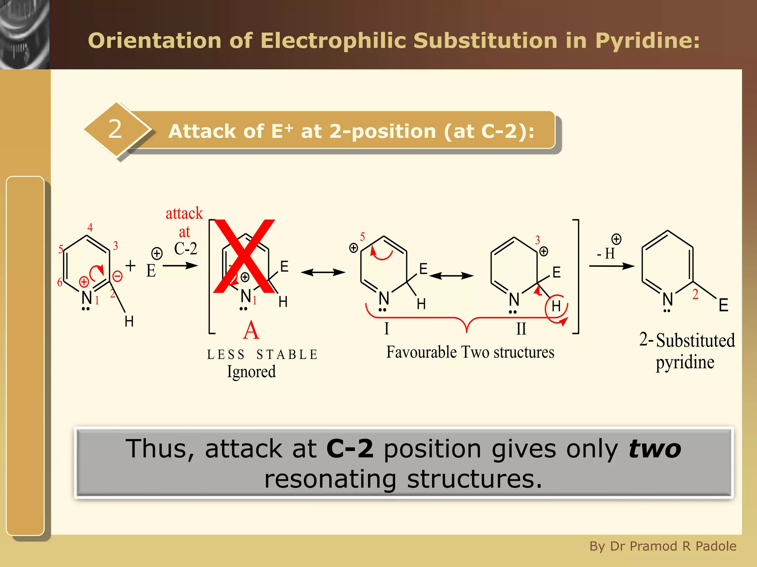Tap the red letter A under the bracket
click(251, 330)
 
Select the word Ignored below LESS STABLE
click(251, 371)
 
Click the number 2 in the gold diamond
click(115, 129)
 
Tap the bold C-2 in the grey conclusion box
click(350, 449)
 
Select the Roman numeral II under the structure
click(521, 329)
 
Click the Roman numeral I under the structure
click(387, 328)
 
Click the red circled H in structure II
click(556, 306)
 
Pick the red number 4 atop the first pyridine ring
click(90, 227)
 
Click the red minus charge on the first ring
click(117, 276)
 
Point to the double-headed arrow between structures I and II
click(451, 276)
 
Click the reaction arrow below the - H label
click(612, 266)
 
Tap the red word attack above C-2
click(184, 213)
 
